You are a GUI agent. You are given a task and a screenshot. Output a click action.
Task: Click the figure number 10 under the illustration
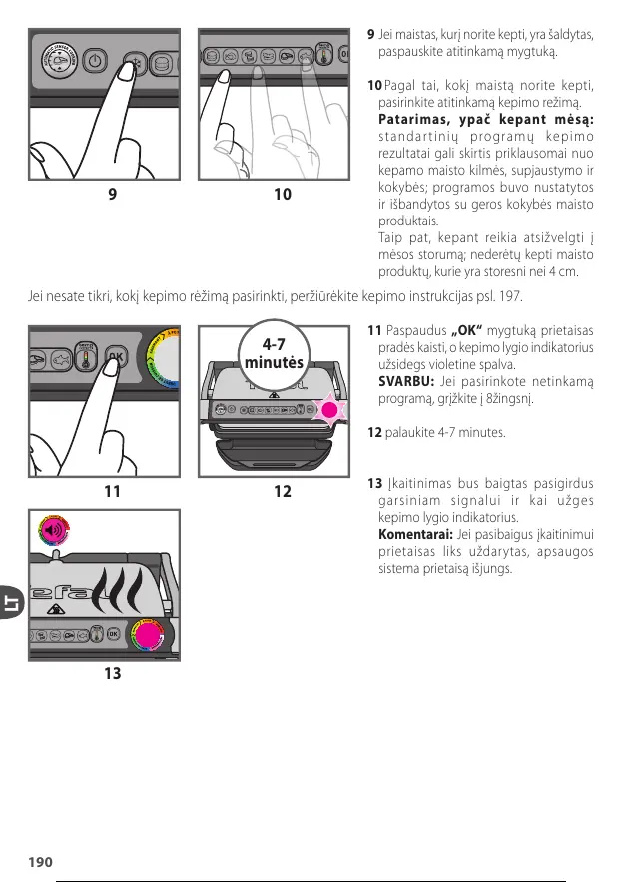[x=283, y=194]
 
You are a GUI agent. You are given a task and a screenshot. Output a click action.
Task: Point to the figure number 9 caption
[x=112, y=194]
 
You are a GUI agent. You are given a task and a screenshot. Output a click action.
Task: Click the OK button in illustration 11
[x=117, y=355]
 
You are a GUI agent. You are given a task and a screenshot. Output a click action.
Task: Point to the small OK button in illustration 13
[x=115, y=633]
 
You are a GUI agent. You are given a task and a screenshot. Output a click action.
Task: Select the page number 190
[x=41, y=861]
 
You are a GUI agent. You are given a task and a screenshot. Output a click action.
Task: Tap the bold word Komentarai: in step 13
[x=413, y=534]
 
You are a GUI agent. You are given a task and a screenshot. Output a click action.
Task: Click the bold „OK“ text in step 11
[x=467, y=330]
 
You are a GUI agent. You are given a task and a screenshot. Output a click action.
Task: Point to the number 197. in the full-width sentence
[x=506, y=296]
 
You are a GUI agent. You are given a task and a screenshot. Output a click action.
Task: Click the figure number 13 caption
[x=112, y=674]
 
